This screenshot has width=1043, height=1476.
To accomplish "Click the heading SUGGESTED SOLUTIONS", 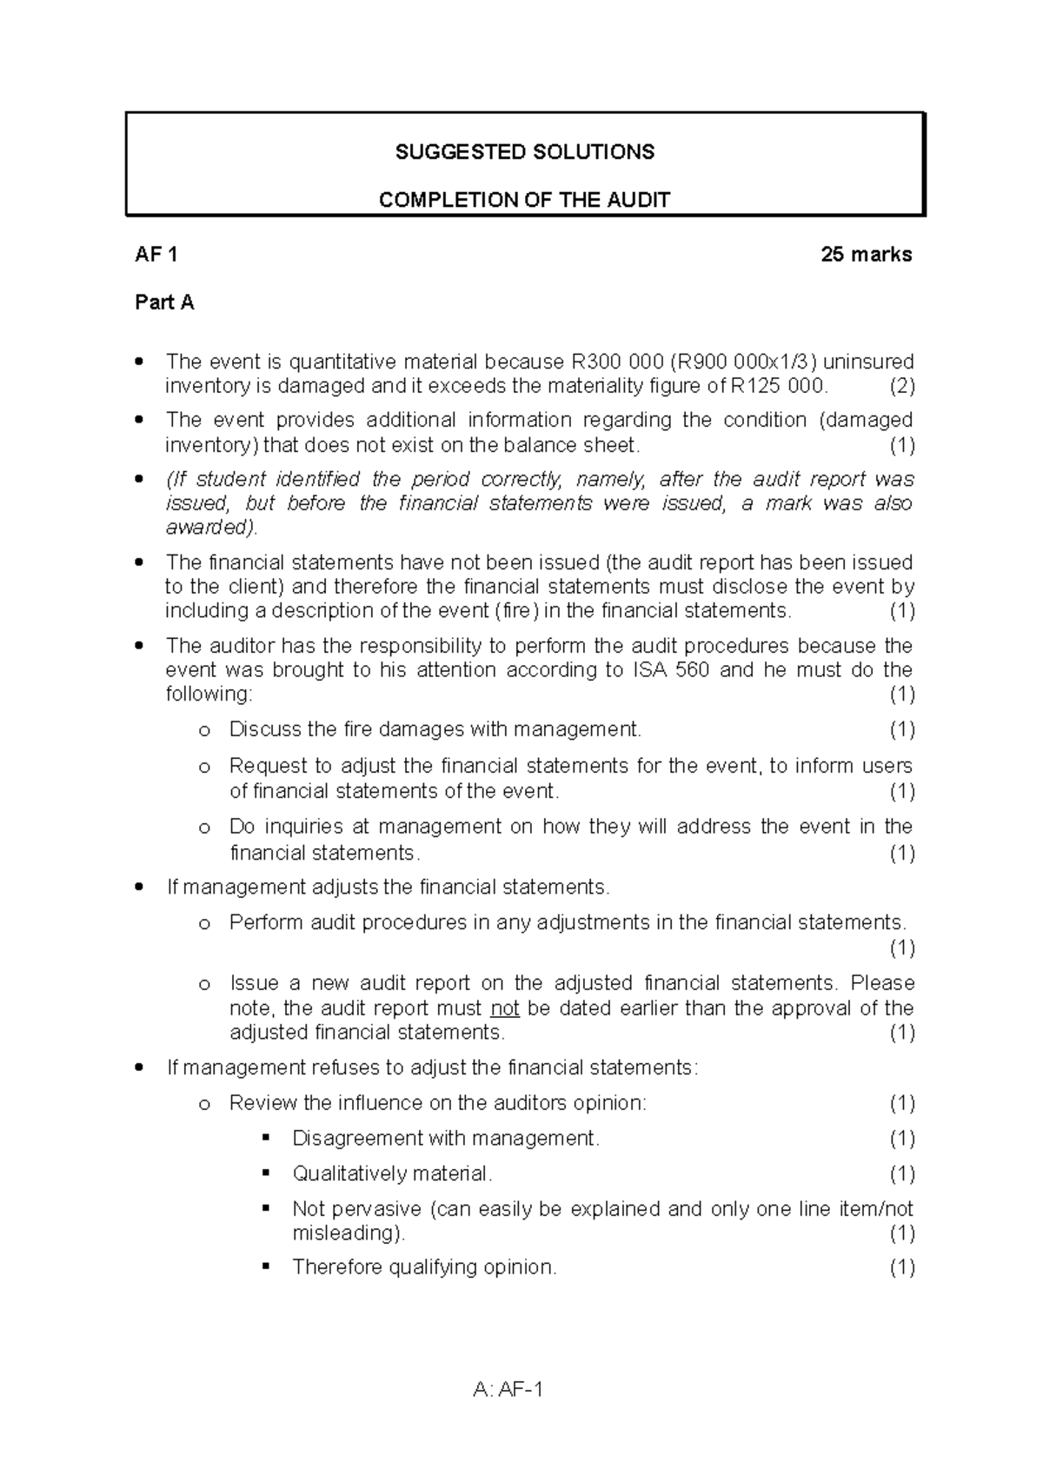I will [x=524, y=152].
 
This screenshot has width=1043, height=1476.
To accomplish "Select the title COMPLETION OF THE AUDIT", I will [x=524, y=200].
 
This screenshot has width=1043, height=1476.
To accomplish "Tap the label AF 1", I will [x=156, y=255].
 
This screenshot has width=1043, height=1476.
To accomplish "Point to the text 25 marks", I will [x=867, y=255].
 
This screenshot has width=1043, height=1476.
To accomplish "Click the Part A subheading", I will [x=164, y=303].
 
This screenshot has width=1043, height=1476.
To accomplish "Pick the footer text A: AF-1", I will [x=508, y=1390].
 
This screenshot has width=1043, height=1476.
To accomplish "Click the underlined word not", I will [x=505, y=1008].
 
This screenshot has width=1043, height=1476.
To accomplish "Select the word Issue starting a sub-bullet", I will [x=252, y=983].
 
